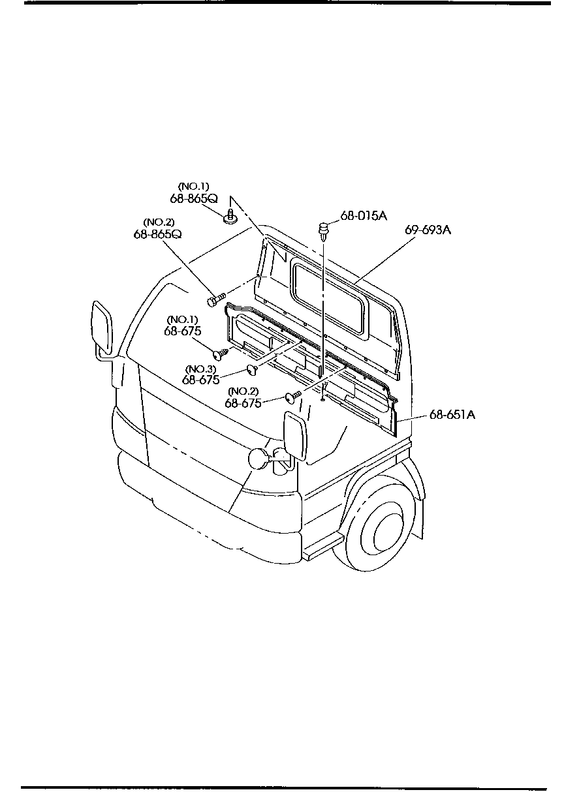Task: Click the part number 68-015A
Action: tap(363, 217)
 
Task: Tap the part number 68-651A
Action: tap(452, 414)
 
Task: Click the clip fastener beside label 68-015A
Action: tap(323, 230)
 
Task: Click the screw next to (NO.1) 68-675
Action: tap(222, 354)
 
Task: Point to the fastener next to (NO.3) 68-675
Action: tap(253, 370)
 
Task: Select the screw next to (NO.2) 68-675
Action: tap(292, 395)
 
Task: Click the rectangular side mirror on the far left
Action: tap(104, 326)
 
